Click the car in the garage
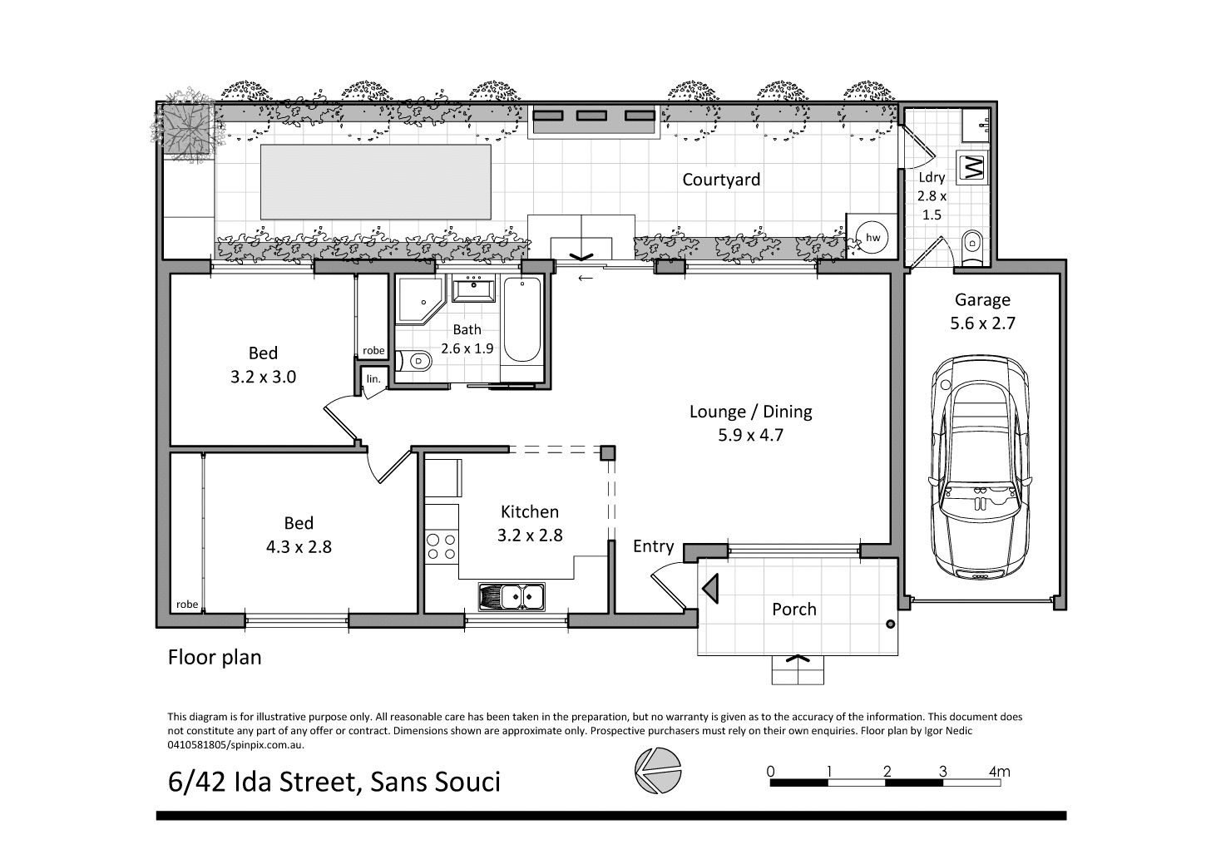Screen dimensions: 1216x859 tap(981, 467)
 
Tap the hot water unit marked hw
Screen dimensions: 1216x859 tap(872, 237)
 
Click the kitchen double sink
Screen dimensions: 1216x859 tap(512, 597)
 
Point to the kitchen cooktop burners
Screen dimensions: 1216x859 tap(442, 546)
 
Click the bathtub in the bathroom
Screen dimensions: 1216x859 tap(521, 319)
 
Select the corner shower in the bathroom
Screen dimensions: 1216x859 tap(420, 301)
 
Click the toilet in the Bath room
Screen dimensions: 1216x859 tap(413, 360)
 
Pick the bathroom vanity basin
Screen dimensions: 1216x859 tap(474, 289)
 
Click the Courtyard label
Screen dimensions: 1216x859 tap(721, 180)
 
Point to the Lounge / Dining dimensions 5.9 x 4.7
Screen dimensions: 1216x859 tap(751, 435)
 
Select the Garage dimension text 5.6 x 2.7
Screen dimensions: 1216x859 tap(982, 323)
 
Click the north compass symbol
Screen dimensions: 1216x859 tap(658, 771)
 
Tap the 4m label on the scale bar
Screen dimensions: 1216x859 tap(1000, 771)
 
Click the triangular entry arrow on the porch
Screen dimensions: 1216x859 tap(710, 588)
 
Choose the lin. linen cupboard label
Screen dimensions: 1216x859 tap(373, 378)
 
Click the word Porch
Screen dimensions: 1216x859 tap(794, 610)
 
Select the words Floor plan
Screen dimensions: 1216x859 tap(215, 657)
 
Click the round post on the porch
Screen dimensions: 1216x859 tap(890, 625)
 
